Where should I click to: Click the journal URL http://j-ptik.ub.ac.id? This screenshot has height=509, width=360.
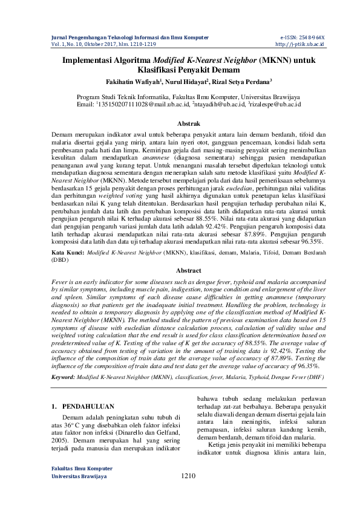click(300, 44)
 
